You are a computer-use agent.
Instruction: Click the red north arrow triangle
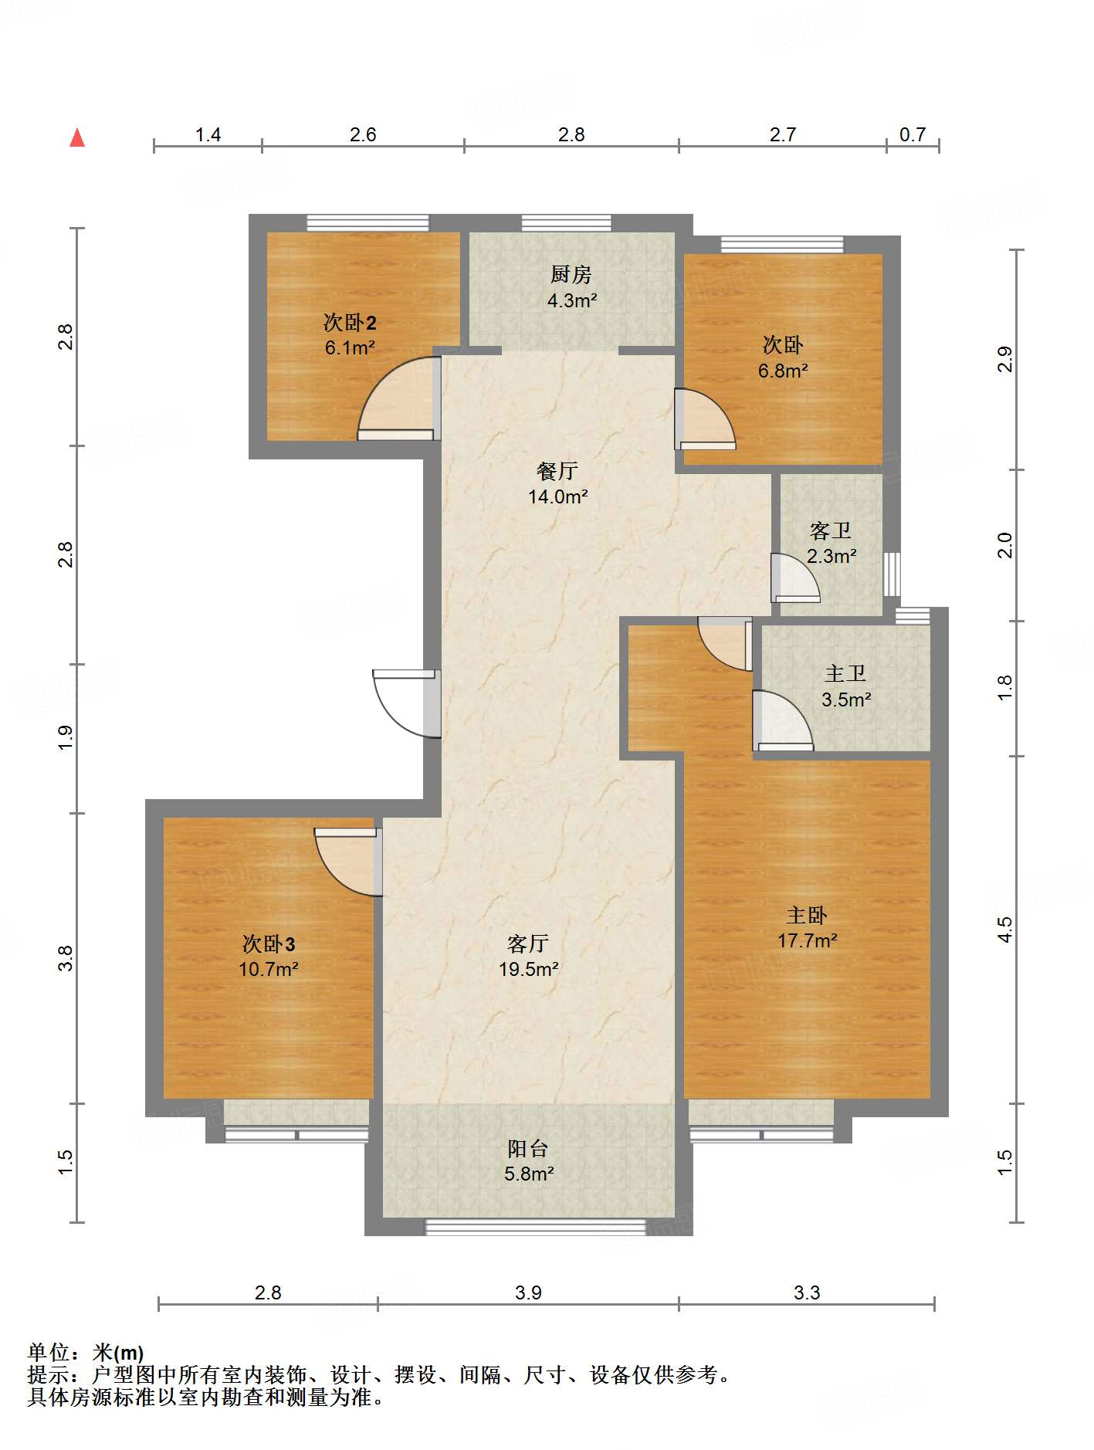pyautogui.click(x=77, y=137)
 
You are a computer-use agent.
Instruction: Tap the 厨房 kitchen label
pyautogui.click(x=571, y=274)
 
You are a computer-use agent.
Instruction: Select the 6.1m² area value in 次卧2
pyautogui.click(x=350, y=347)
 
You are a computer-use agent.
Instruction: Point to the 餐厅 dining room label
pyautogui.click(x=557, y=470)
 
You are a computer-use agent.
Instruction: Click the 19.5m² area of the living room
pyautogui.click(x=529, y=969)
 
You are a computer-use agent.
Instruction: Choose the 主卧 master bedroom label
pyautogui.click(x=807, y=915)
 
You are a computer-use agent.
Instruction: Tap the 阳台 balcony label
pyautogui.click(x=528, y=1148)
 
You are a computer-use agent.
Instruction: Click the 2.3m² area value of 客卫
pyautogui.click(x=832, y=556)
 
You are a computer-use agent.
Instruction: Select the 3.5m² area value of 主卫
pyautogui.click(x=846, y=700)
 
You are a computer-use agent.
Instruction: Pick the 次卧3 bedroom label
pyautogui.click(x=269, y=944)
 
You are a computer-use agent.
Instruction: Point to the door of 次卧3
pyautogui.click(x=348, y=862)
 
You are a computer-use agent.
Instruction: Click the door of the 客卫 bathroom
pyautogui.click(x=795, y=578)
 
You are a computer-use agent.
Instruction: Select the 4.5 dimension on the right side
pyautogui.click(x=1004, y=930)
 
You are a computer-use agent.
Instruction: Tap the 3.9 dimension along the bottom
pyautogui.click(x=528, y=1292)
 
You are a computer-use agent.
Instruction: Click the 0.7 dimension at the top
pyautogui.click(x=913, y=135)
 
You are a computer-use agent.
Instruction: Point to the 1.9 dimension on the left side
pyautogui.click(x=66, y=738)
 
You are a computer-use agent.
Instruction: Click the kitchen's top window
pyautogui.click(x=567, y=223)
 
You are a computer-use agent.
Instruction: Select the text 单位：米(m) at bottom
pyautogui.click(x=86, y=1352)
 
